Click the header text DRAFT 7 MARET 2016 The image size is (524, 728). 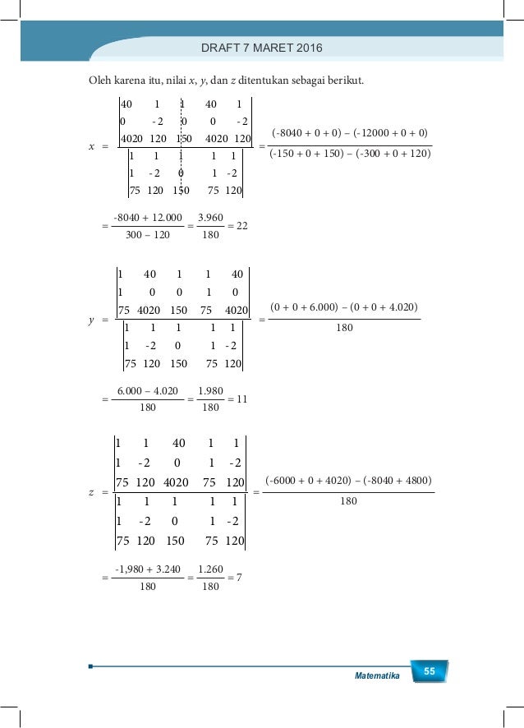click(262, 48)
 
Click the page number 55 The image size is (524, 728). click(429, 673)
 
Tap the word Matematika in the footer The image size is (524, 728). click(377, 675)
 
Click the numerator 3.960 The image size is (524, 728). click(210, 218)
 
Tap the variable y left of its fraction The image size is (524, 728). click(91, 320)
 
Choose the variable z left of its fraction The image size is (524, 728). click(91, 493)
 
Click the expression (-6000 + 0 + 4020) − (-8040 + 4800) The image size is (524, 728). click(348, 480)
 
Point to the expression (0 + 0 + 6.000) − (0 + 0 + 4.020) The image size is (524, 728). click(344, 307)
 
